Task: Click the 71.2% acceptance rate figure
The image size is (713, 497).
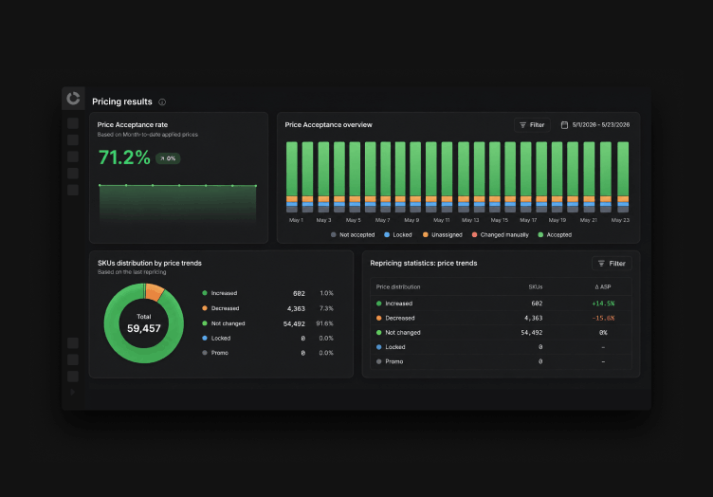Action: pos(124,157)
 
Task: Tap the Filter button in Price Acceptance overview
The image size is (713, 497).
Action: pos(532,125)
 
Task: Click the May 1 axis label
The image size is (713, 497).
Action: pos(296,220)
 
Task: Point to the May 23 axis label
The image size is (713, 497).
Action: pos(620,220)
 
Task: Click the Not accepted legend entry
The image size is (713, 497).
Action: pos(353,234)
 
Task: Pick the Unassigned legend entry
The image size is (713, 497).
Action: pos(443,234)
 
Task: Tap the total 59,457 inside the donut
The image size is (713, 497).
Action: pos(144,328)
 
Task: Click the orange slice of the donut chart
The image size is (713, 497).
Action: pos(155,292)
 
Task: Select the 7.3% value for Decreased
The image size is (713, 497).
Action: pos(326,308)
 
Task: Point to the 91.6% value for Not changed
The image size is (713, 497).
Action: pos(324,323)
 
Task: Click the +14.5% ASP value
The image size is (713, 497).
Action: pos(603,304)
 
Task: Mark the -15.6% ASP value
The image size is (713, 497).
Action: pos(603,318)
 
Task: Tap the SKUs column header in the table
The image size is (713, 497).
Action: pos(536,287)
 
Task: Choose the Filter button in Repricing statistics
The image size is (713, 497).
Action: pos(612,264)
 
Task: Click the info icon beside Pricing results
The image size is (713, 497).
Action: pos(162,101)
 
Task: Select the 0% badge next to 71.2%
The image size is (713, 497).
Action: pos(168,158)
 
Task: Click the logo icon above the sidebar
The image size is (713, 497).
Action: pos(73,99)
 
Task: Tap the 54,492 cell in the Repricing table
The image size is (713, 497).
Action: pos(532,332)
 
